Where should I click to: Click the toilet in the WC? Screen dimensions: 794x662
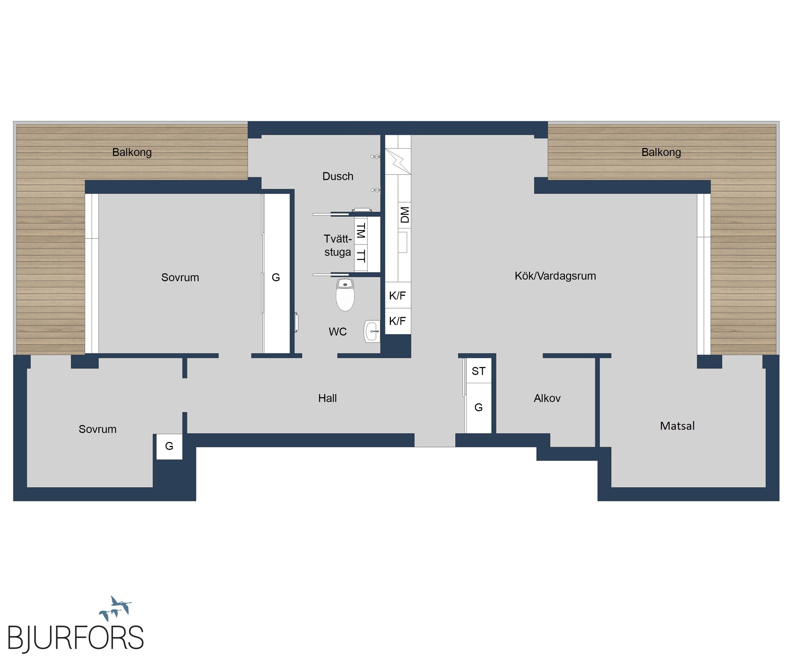345,295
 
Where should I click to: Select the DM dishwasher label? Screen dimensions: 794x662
405,215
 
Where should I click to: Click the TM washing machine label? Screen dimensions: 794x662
361,230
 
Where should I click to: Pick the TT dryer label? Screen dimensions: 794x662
361,256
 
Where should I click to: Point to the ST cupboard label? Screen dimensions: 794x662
478,371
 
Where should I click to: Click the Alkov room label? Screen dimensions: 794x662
547,398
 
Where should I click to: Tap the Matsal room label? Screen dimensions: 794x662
677,426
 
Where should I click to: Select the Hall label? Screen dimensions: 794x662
327,398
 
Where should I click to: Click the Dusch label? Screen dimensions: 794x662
338,176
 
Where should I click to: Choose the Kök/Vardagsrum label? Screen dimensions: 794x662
555,276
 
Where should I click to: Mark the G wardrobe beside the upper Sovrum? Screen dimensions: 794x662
276,277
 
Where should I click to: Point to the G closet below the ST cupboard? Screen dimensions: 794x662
478,407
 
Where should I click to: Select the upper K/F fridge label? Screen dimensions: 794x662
397,296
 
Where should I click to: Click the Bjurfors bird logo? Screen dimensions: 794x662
115,609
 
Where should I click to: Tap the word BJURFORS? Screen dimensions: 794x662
76,638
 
